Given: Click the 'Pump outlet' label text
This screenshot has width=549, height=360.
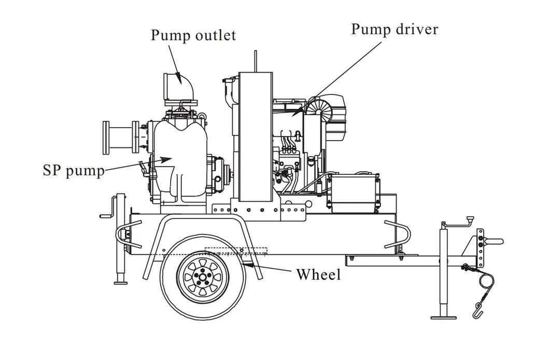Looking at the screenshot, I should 193,35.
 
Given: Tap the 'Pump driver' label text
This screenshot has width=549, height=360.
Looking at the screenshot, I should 394,29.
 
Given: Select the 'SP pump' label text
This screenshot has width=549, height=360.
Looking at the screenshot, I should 74,170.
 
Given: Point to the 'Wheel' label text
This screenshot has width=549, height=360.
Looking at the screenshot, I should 318,274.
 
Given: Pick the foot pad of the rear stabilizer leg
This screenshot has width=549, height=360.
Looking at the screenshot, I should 121,282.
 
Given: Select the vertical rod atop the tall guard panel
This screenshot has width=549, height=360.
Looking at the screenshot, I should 256,62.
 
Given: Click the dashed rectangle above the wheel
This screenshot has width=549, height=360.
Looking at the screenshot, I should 235,251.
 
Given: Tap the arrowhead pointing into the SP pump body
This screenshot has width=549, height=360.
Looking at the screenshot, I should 165,159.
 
